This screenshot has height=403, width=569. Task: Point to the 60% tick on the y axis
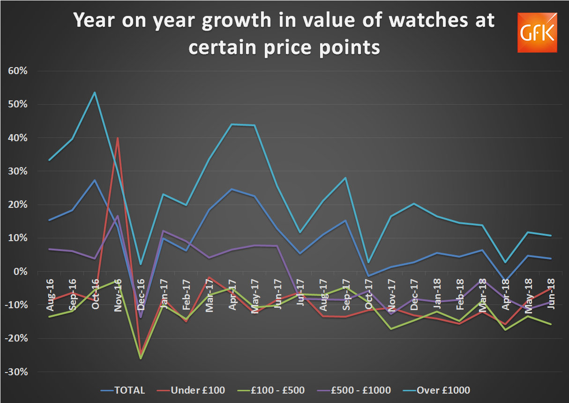(18, 71)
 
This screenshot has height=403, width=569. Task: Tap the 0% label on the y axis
(21, 272)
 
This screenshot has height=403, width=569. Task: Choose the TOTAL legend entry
(123, 390)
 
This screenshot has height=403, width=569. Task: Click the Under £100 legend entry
(191, 390)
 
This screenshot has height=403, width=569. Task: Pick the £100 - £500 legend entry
(272, 390)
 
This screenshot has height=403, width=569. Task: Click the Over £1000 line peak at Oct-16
(94, 92)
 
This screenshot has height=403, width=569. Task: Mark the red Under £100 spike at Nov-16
(117, 138)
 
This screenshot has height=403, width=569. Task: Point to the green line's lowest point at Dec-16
(140, 358)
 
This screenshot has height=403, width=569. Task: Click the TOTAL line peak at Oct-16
(94, 180)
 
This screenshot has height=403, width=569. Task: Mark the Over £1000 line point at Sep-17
(345, 178)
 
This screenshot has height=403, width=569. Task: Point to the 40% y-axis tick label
(18, 138)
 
